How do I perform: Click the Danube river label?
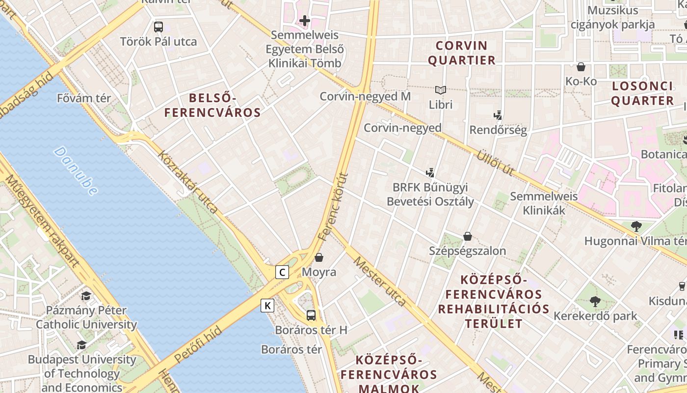[x=76, y=170]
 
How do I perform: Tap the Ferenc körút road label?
[x=333, y=206]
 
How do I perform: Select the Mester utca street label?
[x=379, y=281]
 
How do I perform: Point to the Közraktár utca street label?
[x=188, y=181]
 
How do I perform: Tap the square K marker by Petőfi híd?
[x=267, y=306]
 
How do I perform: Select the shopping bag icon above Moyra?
[x=319, y=257]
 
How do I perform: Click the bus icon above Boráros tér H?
[x=311, y=315]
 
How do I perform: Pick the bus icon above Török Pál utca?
[x=158, y=27]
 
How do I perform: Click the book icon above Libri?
[x=440, y=90]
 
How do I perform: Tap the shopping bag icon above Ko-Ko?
[x=581, y=66]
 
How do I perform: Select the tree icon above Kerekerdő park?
[x=595, y=301]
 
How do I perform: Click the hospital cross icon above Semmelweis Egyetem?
[x=305, y=21]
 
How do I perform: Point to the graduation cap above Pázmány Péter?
[x=86, y=296]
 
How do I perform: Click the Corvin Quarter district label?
[x=462, y=53]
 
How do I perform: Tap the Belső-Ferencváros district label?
[x=212, y=105]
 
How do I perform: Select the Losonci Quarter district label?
[x=642, y=93]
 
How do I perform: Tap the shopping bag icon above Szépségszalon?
[x=468, y=236]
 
